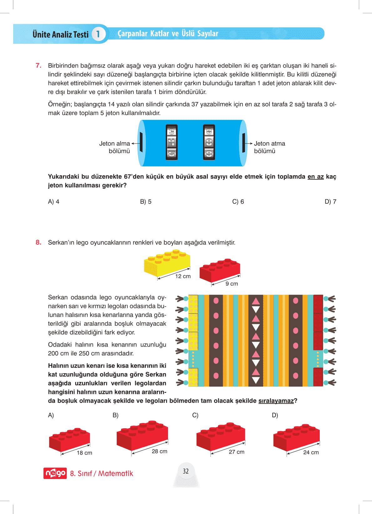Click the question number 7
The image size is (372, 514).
pyautogui.click(x=38, y=65)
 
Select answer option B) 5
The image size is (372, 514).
pyautogui.click(x=145, y=202)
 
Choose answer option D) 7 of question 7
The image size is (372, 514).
pyautogui.click(x=330, y=202)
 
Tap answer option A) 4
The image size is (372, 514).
pyautogui.click(x=54, y=202)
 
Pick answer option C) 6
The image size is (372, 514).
pyautogui.click(x=238, y=202)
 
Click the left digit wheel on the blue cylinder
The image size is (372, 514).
pyautogui.click(x=171, y=142)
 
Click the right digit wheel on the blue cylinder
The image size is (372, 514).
pyautogui.click(x=209, y=142)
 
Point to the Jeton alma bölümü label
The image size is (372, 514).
pyautogui.click(x=115, y=147)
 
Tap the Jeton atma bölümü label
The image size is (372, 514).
pyautogui.click(x=269, y=147)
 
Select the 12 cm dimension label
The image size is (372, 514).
pyautogui.click(x=183, y=276)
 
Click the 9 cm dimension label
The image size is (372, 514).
pyautogui.click(x=232, y=284)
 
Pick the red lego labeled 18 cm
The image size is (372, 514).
pyautogui.click(x=69, y=439)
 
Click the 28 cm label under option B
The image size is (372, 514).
pyautogui.click(x=159, y=451)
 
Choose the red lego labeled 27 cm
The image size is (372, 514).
pyautogui.click(x=221, y=437)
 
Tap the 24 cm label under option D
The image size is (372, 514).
pyautogui.click(x=311, y=452)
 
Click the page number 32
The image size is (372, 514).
pyautogui.click(x=186, y=471)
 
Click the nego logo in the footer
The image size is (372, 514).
pyautogui.click(x=55, y=473)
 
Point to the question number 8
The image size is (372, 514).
pyautogui.click(x=38, y=242)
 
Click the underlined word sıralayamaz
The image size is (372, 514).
pyautogui.click(x=276, y=401)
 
